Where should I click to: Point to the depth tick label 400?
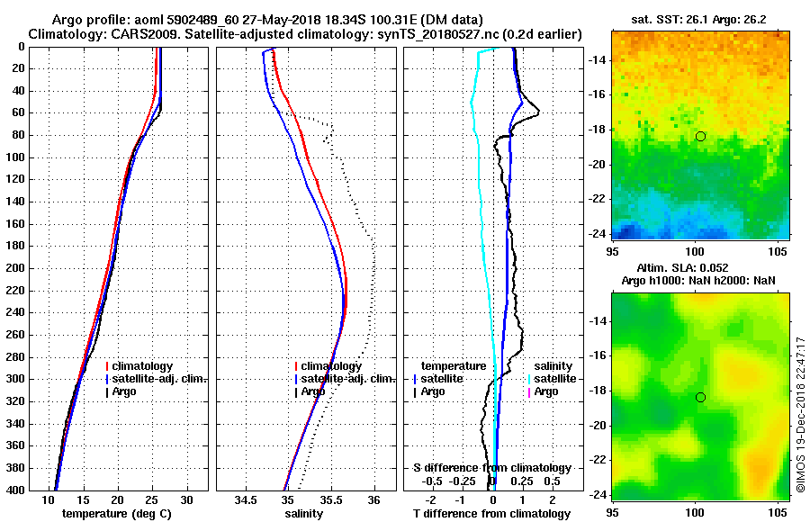pyautogui.click(x=16, y=490)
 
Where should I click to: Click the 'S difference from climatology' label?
pyautogui.click(x=492, y=468)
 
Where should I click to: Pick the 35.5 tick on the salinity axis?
pyautogui.click(x=330, y=499)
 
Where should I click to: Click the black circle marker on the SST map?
pyautogui.click(x=700, y=136)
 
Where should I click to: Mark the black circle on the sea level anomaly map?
pyautogui.click(x=700, y=397)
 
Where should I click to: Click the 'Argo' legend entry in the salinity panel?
pyautogui.click(x=314, y=391)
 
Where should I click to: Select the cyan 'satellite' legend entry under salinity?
pyautogui.click(x=554, y=379)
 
